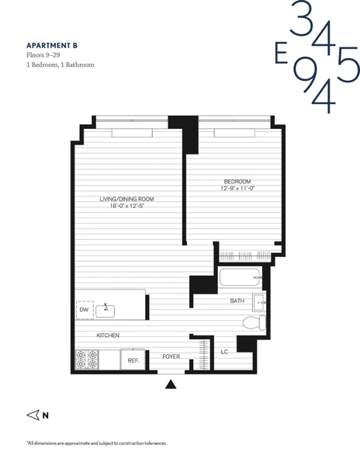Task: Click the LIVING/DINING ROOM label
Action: point(131,199)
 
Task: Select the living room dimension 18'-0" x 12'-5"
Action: point(131,207)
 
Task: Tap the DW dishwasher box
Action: point(84,309)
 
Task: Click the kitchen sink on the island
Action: point(106,311)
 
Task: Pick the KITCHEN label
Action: point(107,336)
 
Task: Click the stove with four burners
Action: point(87,359)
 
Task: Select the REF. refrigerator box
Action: point(133,360)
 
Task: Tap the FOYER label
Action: point(171,357)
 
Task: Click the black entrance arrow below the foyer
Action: point(171,383)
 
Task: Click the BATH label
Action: point(237,301)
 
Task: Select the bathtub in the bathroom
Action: point(241,277)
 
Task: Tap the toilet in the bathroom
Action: point(251,322)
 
